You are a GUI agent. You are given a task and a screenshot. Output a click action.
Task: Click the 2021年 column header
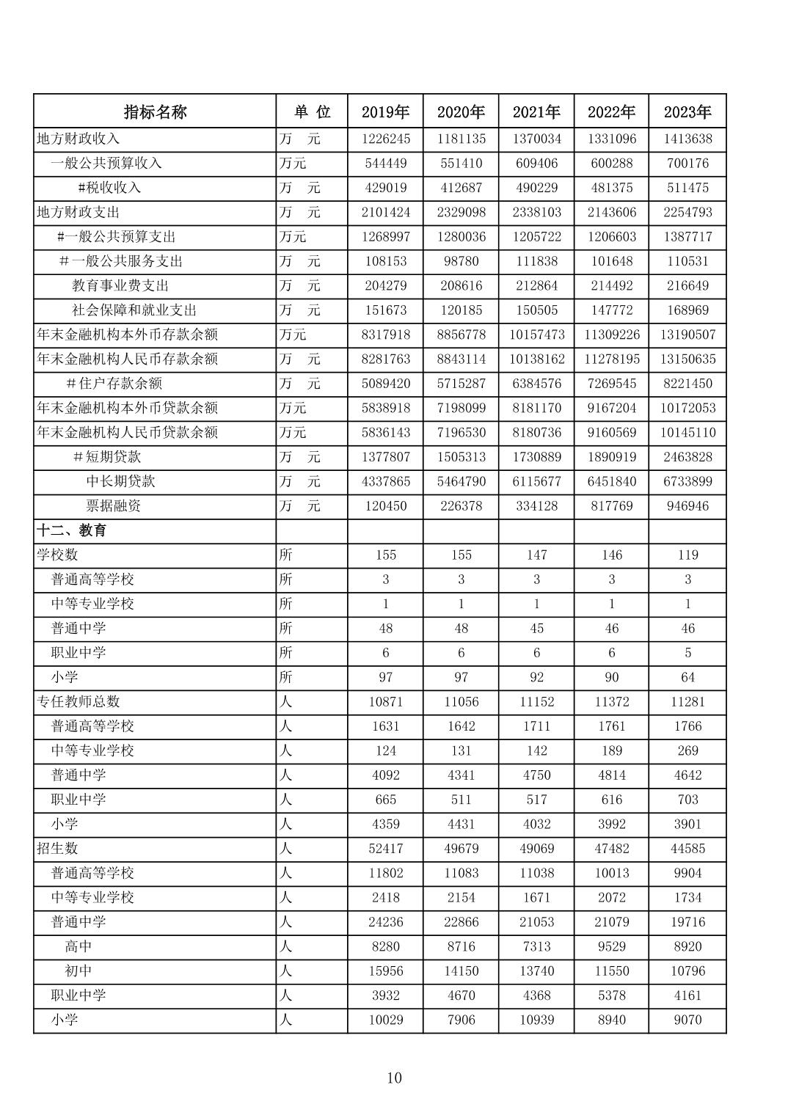click(x=536, y=111)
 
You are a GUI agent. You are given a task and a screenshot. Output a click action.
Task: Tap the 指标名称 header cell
click(x=155, y=111)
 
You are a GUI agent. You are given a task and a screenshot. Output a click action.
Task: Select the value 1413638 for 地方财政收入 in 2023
click(x=687, y=139)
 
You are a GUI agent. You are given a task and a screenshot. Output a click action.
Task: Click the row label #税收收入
click(x=109, y=188)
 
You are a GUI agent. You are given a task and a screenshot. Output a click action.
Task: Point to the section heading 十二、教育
click(x=72, y=530)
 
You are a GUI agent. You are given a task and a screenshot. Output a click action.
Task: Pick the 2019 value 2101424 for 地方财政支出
click(x=385, y=212)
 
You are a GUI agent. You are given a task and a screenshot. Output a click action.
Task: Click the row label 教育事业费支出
click(x=120, y=285)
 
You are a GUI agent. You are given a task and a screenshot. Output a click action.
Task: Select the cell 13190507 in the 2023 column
click(x=687, y=334)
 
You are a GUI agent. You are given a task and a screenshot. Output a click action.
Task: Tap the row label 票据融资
click(x=114, y=506)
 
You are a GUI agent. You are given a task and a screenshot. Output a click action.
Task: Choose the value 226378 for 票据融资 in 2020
click(x=461, y=506)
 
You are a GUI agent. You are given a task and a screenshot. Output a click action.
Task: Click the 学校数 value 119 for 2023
click(x=687, y=555)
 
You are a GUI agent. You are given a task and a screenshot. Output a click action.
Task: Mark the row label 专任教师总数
click(x=79, y=702)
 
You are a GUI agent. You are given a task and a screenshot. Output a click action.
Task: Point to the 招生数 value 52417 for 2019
click(x=385, y=849)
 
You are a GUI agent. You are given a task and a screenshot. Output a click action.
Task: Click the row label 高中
click(x=79, y=947)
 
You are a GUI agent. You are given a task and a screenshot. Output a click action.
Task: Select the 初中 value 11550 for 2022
click(x=611, y=971)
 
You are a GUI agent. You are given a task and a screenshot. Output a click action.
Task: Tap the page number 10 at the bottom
click(x=394, y=1078)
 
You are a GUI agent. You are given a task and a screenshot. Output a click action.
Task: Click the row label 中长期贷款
click(x=120, y=481)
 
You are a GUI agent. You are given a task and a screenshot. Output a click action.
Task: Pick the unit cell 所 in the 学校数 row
click(x=286, y=555)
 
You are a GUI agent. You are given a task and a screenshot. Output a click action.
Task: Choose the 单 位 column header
click(x=312, y=111)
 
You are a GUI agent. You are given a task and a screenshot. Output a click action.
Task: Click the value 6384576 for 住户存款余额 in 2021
click(x=536, y=384)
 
